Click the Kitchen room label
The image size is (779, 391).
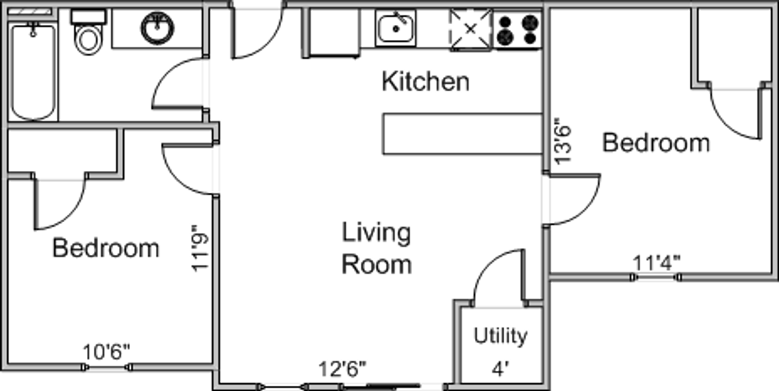pyautogui.click(x=426, y=82)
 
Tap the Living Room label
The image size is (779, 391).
pyautogui.click(x=377, y=248)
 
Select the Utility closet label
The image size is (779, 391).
pyautogui.click(x=501, y=336)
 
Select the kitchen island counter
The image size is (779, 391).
pyautogui.click(x=463, y=134)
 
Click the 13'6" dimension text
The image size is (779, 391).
pyautogui.click(x=563, y=141)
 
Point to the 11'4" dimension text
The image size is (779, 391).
pyautogui.click(x=656, y=263)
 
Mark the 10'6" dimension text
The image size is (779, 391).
pyautogui.click(x=106, y=352)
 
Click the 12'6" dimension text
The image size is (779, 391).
pyautogui.click(x=342, y=369)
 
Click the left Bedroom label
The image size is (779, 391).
pyautogui.click(x=106, y=248)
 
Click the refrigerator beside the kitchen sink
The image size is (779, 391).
pyautogui.click(x=334, y=32)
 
